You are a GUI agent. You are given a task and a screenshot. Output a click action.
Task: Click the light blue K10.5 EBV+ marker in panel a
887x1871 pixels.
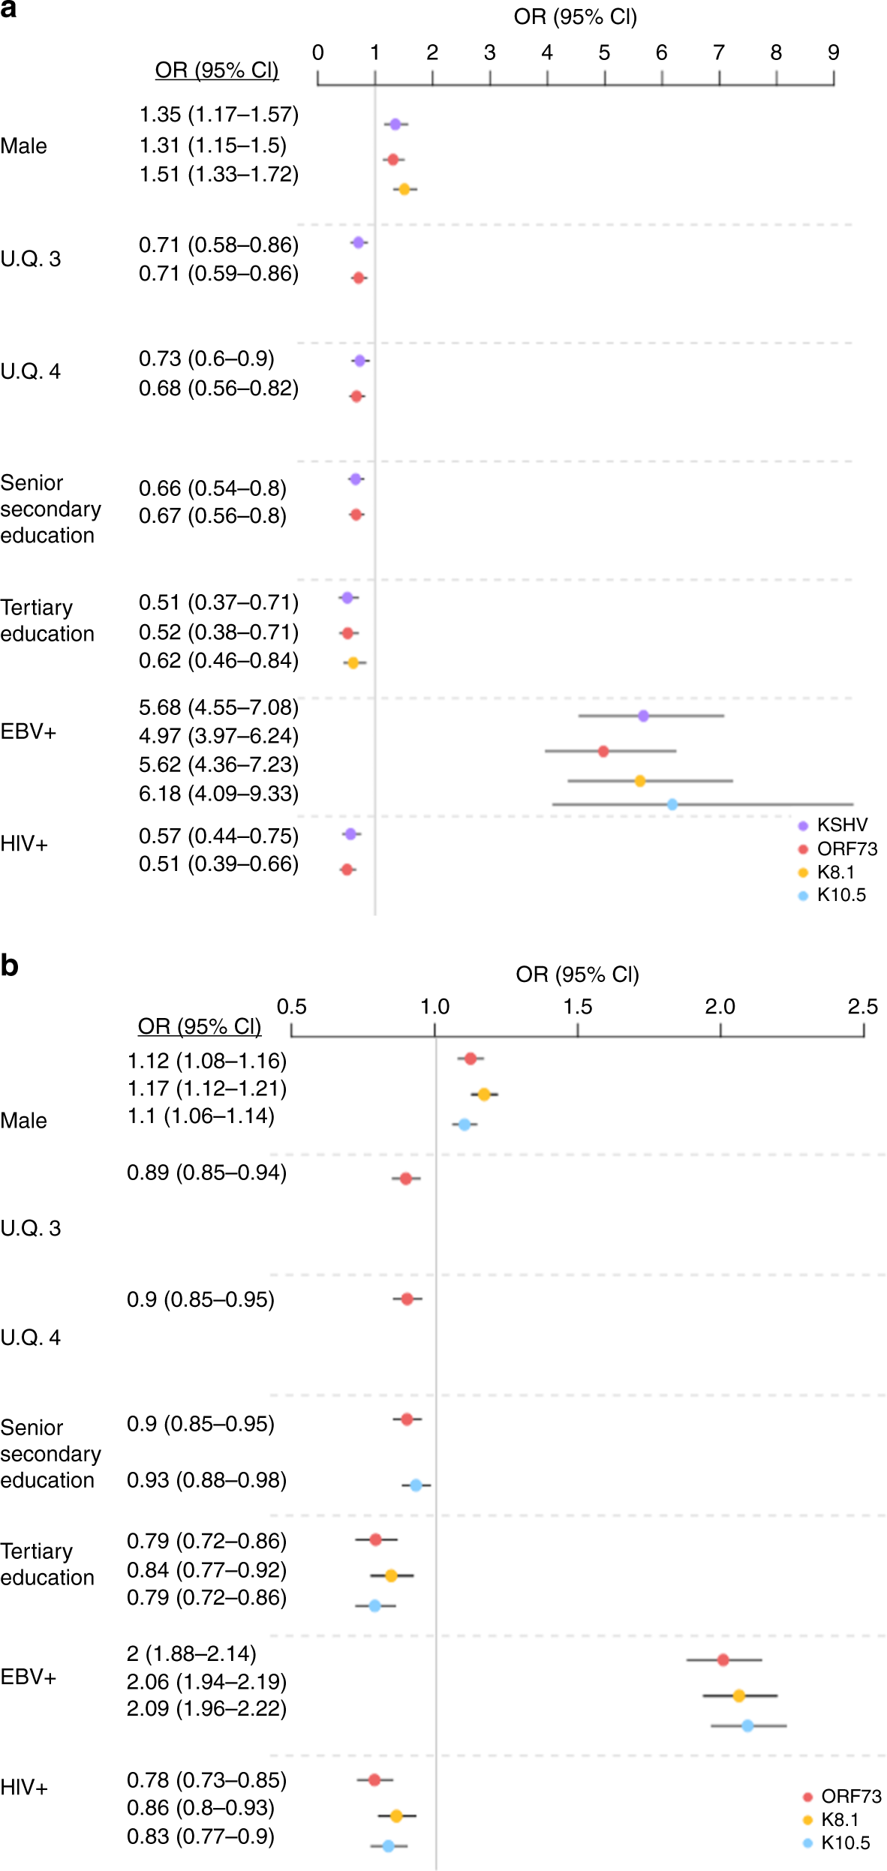tap(672, 804)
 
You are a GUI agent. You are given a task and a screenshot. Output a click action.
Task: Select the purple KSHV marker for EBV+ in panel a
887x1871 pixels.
tap(643, 716)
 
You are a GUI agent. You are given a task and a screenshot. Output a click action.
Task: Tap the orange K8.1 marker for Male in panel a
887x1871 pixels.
tap(404, 189)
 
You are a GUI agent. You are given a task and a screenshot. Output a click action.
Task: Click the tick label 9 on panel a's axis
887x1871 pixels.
tap(833, 53)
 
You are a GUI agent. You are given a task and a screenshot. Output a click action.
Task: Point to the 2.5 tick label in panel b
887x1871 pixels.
tap(862, 1007)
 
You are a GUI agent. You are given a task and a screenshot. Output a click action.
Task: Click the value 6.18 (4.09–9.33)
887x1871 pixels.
tap(218, 794)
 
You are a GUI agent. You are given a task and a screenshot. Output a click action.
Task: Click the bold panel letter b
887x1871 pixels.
tap(10, 966)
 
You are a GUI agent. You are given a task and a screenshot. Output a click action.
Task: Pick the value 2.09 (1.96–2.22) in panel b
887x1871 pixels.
tap(206, 1708)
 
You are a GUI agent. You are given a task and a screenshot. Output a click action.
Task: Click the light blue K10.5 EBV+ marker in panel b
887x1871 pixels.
tap(747, 1725)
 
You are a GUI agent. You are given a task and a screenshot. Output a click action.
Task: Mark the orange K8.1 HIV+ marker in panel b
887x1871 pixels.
tap(396, 1816)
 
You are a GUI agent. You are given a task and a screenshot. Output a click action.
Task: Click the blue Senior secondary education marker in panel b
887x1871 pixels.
tap(416, 1485)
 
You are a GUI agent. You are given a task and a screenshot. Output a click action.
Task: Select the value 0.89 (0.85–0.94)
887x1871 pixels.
tap(206, 1173)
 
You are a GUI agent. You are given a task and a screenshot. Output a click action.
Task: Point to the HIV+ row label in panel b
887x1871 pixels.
tap(24, 1788)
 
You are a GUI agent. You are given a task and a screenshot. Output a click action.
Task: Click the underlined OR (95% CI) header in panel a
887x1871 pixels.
tap(216, 70)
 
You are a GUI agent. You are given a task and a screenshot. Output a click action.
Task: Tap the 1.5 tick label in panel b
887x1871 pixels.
tap(577, 1007)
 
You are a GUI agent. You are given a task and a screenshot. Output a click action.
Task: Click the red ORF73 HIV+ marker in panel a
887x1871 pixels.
tap(347, 869)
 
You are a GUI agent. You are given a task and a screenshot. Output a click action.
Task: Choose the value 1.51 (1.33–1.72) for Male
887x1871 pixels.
tap(218, 174)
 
